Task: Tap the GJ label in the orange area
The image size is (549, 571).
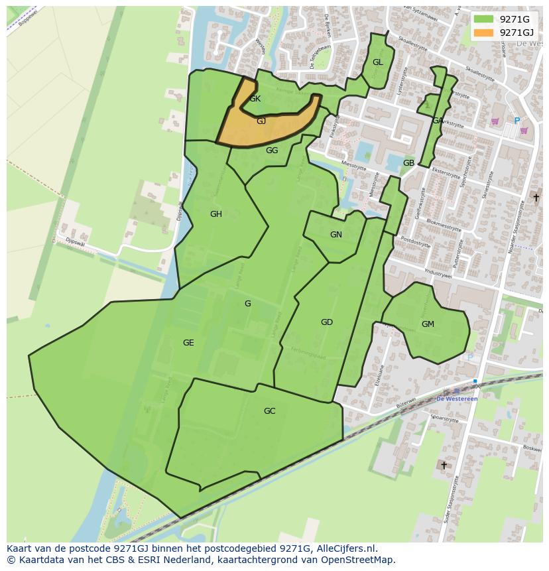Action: (x=261, y=121)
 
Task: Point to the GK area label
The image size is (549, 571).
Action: (x=255, y=99)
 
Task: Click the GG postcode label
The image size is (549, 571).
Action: (x=272, y=151)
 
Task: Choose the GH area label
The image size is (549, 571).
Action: (x=215, y=214)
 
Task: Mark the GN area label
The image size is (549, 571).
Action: (x=336, y=235)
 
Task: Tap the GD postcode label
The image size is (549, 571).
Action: (x=326, y=322)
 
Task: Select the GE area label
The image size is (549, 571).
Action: (x=188, y=343)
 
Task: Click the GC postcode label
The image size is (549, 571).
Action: (x=269, y=411)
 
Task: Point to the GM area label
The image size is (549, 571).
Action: (x=428, y=324)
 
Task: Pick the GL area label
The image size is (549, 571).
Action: (x=377, y=62)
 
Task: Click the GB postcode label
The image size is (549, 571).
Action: (x=408, y=163)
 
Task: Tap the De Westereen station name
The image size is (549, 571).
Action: (x=456, y=399)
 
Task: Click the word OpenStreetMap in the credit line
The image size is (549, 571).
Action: (x=359, y=560)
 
